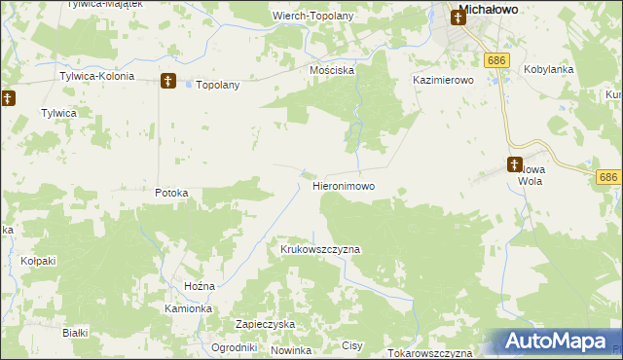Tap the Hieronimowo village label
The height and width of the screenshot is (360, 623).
click(x=344, y=185)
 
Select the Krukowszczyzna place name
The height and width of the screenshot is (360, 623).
click(x=320, y=249)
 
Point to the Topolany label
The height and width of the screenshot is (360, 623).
click(x=218, y=85)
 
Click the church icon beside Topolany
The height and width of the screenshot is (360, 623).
click(x=167, y=82)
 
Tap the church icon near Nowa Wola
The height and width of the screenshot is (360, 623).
click(x=514, y=164)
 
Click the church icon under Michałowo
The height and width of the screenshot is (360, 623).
click(x=456, y=18)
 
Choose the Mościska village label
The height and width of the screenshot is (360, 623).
click(x=332, y=71)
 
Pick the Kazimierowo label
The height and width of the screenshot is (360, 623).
click(x=443, y=81)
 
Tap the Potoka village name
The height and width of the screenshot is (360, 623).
click(x=171, y=193)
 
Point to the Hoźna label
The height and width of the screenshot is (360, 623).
click(x=200, y=286)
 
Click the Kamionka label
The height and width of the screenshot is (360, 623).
click(x=188, y=308)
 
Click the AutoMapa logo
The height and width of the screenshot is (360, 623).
click(x=554, y=342)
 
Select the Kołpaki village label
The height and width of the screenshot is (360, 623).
click(x=39, y=262)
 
